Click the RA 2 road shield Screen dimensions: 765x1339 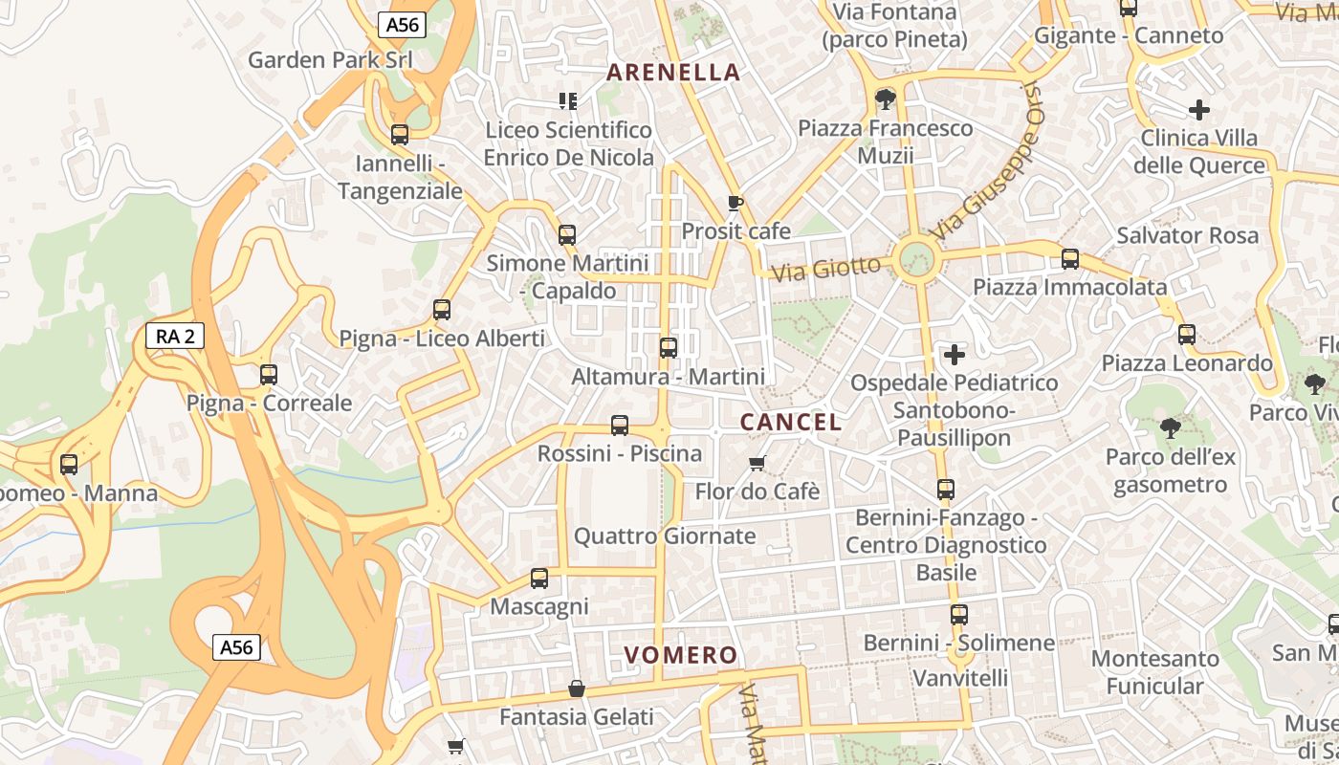point(175,336)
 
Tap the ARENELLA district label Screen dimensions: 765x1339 point(673,72)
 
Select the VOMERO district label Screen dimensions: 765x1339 point(680,655)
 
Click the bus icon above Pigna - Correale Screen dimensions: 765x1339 point(269,375)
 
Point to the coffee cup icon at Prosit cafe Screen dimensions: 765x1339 point(735,203)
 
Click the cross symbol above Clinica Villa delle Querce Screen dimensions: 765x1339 point(1198,110)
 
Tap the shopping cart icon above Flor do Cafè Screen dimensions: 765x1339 point(757,464)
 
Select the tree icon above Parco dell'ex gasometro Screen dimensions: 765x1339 point(1169,427)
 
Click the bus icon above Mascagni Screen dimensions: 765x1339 point(539,579)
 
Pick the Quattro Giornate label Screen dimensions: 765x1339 point(665,535)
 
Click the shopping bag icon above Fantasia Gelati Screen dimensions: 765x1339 point(577,688)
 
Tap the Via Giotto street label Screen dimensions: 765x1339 point(825,268)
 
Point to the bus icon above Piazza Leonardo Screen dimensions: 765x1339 point(1187,335)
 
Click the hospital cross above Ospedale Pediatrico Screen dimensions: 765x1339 point(954,356)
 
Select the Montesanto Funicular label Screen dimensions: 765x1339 point(1155,672)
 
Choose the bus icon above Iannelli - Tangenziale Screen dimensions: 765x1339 point(400,135)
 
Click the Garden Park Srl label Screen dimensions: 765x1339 point(330,59)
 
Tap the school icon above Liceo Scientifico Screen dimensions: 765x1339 point(568,100)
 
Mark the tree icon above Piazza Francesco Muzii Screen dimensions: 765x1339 point(885,98)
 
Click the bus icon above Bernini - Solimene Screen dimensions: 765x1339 point(958,614)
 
